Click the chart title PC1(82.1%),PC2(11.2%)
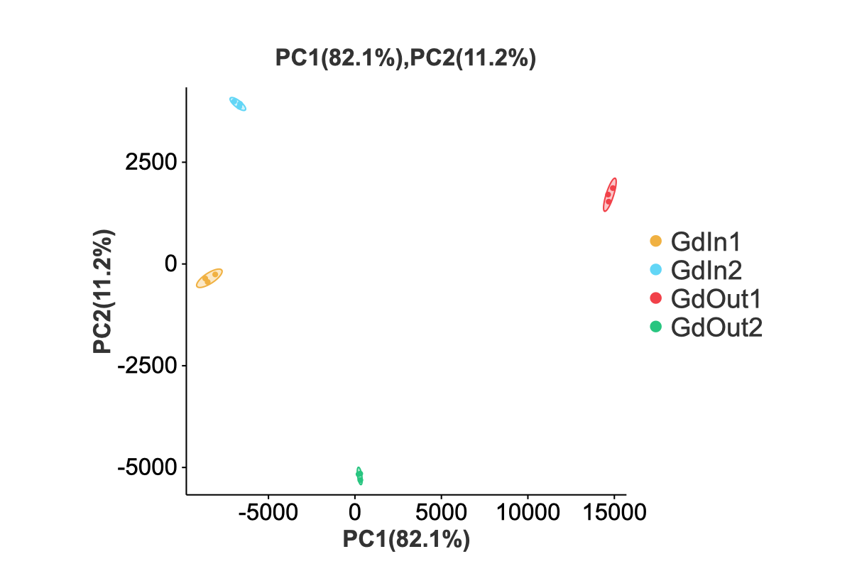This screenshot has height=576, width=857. click(x=405, y=59)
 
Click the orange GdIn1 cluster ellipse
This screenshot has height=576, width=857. click(x=209, y=278)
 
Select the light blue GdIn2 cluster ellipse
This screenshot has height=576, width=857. click(x=238, y=104)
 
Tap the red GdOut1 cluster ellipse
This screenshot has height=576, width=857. click(x=610, y=195)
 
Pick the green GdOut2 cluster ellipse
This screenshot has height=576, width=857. click(x=359, y=475)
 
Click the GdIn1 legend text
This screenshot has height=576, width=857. click(x=706, y=242)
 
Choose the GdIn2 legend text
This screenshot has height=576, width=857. click(x=706, y=270)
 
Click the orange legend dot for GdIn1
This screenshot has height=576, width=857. click(x=655, y=241)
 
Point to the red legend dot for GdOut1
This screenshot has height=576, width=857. click(x=655, y=298)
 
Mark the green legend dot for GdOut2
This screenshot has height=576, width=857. click(x=655, y=327)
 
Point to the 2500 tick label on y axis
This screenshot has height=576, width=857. click(x=150, y=162)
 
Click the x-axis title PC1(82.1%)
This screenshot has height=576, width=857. click(x=406, y=539)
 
